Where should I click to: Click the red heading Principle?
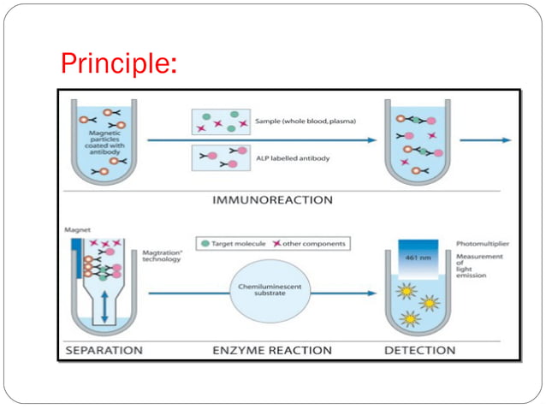tap(119, 63)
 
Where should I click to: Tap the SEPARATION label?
tap(104, 350)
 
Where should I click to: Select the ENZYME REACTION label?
tap(272, 350)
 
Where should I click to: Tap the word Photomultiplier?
tap(482, 242)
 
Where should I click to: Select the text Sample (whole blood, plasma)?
tap(306, 122)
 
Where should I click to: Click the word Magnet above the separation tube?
tap(78, 229)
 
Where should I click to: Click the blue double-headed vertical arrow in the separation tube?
tap(104, 305)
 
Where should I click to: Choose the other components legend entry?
tap(314, 244)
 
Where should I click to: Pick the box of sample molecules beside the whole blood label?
tap(221, 121)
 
